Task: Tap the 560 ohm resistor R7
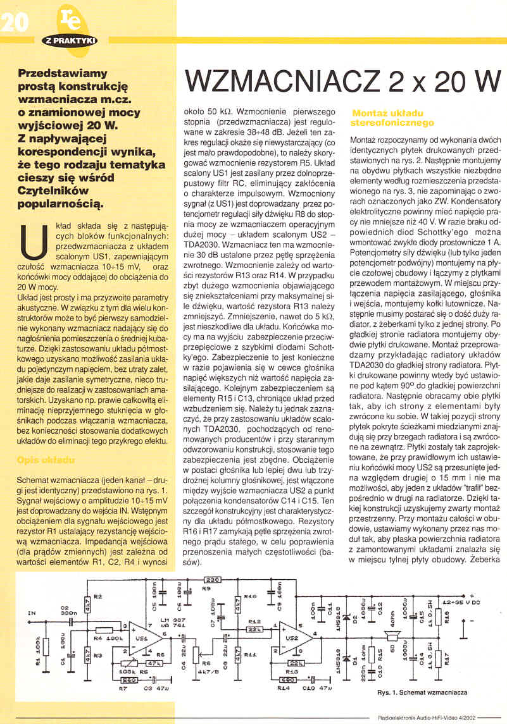click(x=129, y=680)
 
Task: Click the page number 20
click(x=14, y=23)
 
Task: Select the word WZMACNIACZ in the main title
click(x=267, y=82)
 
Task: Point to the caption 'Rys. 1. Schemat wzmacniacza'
click(x=422, y=692)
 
